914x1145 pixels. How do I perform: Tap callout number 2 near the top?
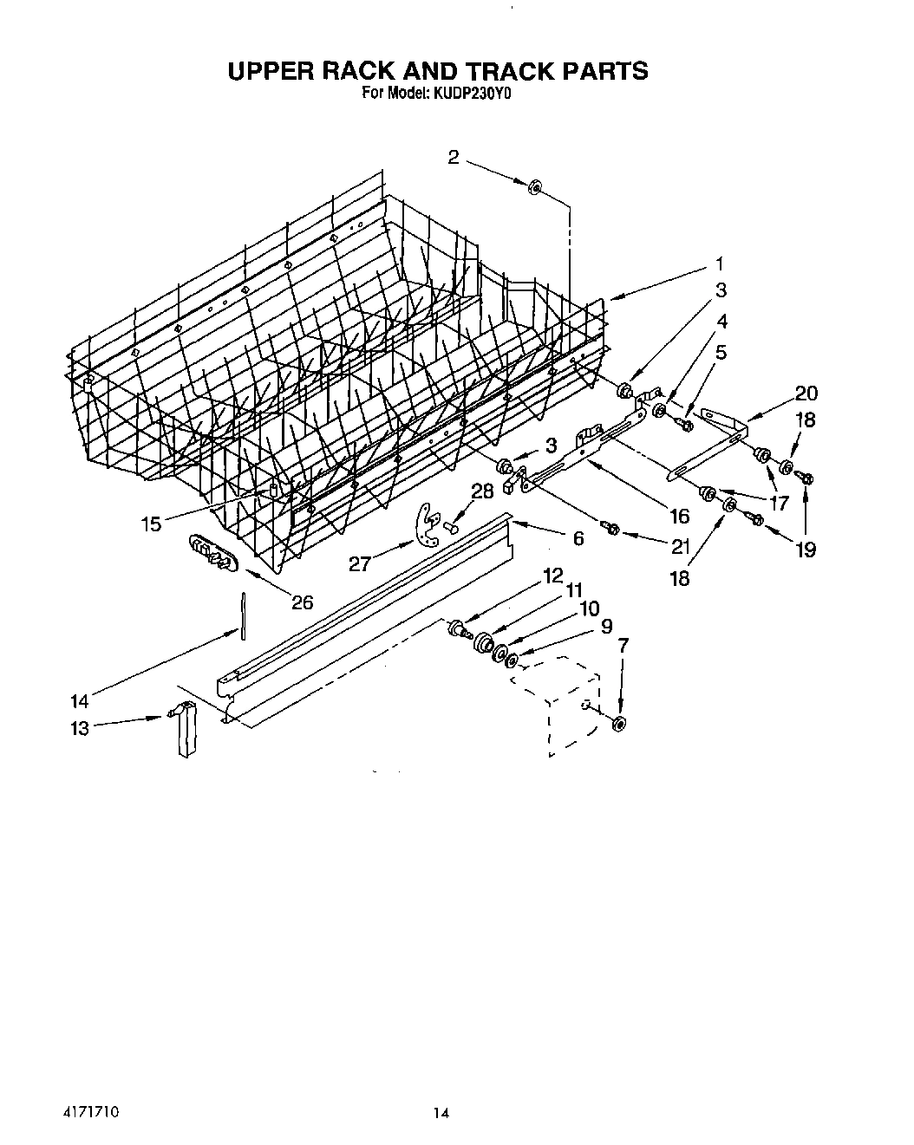[454, 157]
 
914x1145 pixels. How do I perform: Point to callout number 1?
[718, 263]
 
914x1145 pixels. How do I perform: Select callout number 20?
[806, 394]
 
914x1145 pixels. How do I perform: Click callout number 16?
[680, 516]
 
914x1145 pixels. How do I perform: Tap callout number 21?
[680, 547]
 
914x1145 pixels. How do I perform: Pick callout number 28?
[481, 491]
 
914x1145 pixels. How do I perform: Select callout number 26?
[302, 602]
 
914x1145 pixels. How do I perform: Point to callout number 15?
[152, 524]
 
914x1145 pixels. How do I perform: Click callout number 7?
[623, 644]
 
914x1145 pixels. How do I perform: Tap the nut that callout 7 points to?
[619, 724]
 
